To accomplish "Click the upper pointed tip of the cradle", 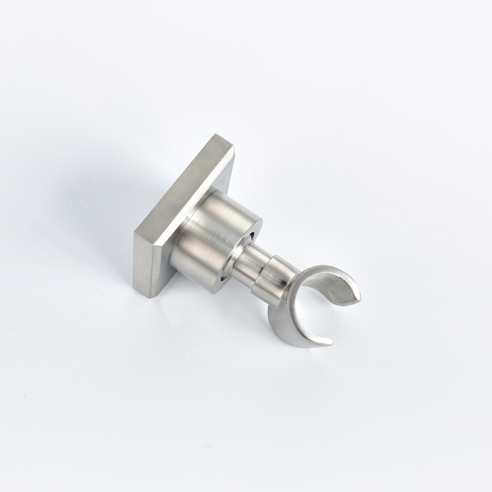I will [x=358, y=297].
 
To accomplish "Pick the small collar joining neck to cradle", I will [x=273, y=280].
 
